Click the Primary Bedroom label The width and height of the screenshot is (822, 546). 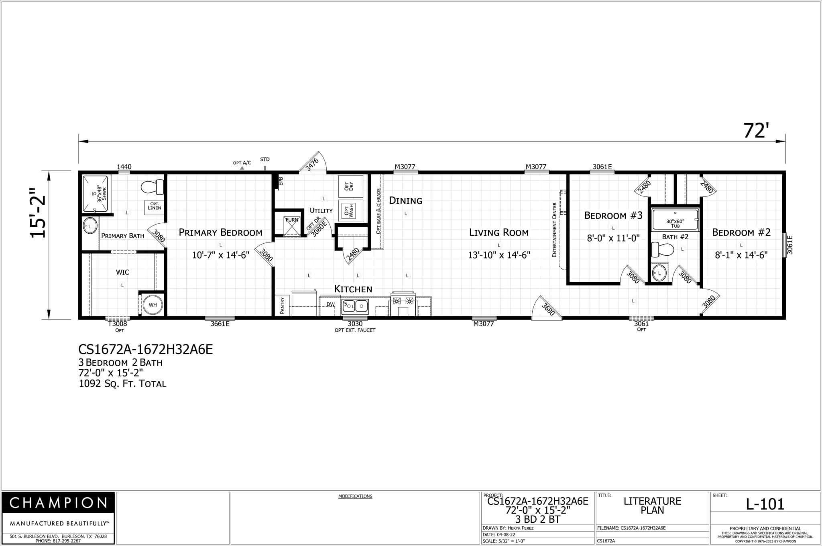(220, 233)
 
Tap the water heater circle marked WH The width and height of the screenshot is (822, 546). (153, 305)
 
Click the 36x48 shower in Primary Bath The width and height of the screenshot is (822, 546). (96, 194)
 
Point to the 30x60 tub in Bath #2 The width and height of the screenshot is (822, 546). (675, 218)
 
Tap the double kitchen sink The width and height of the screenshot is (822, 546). (355, 307)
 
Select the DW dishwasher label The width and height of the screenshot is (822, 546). (330, 305)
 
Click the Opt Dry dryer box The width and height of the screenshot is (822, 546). (350, 186)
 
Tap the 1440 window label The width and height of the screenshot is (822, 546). (124, 167)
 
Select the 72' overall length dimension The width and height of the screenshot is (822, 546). (756, 131)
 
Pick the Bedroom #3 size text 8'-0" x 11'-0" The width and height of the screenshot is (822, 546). (613, 238)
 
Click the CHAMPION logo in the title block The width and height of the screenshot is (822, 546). (58, 503)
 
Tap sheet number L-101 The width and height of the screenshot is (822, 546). (765, 504)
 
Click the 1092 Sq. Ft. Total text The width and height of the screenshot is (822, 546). (122, 384)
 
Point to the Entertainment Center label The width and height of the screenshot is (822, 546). (555, 230)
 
